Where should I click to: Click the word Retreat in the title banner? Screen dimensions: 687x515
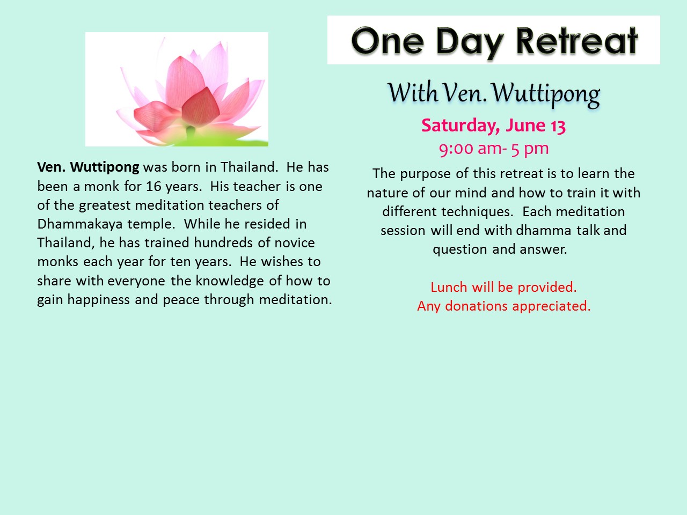tap(576, 41)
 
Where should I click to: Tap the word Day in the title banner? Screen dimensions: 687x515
tap(470, 43)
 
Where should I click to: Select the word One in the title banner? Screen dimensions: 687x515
tap(388, 41)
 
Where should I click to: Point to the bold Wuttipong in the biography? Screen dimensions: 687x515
tap(105, 167)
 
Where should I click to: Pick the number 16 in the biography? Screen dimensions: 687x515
tap(154, 186)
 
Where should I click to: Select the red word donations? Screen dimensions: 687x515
tap(476, 306)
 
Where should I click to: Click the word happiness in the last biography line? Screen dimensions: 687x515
tap(99, 300)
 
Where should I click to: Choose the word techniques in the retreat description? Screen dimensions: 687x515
tap(477, 212)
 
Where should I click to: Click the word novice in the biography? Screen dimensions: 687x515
tap(295, 243)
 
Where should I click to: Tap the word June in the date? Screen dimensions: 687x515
tap(526, 126)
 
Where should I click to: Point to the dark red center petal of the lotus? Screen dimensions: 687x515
tap(200, 106)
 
